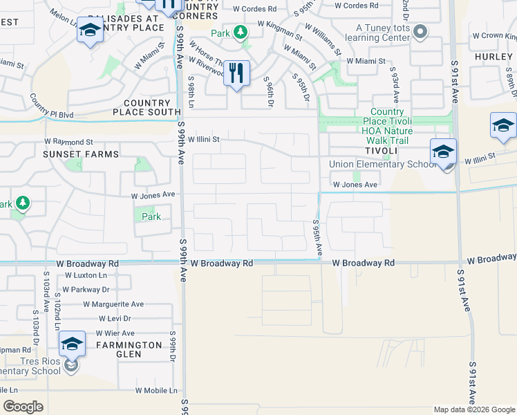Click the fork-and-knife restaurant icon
tap(236, 73)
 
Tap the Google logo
tap(23, 407)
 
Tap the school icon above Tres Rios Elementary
tap(72, 344)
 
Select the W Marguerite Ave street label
tap(113, 304)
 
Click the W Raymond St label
tap(70, 141)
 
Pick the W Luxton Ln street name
tap(86, 275)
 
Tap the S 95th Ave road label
tap(317, 239)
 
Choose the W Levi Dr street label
tap(115, 318)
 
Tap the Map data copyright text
tap(474, 409)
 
